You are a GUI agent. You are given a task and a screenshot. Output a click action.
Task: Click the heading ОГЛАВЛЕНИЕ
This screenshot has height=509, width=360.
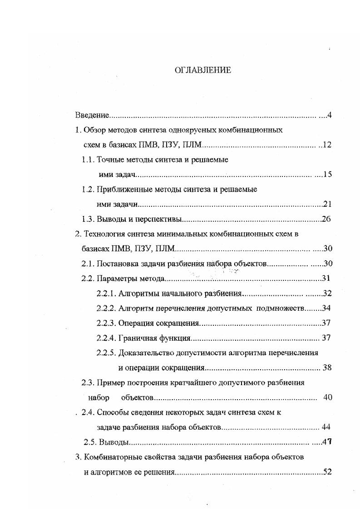tap(203, 70)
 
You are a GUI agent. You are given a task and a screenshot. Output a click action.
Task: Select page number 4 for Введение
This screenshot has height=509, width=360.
tap(329, 115)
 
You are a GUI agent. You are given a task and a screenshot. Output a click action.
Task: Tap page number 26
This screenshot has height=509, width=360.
tap(326, 220)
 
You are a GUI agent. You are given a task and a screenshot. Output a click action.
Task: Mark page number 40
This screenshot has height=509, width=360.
tap(328, 397)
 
